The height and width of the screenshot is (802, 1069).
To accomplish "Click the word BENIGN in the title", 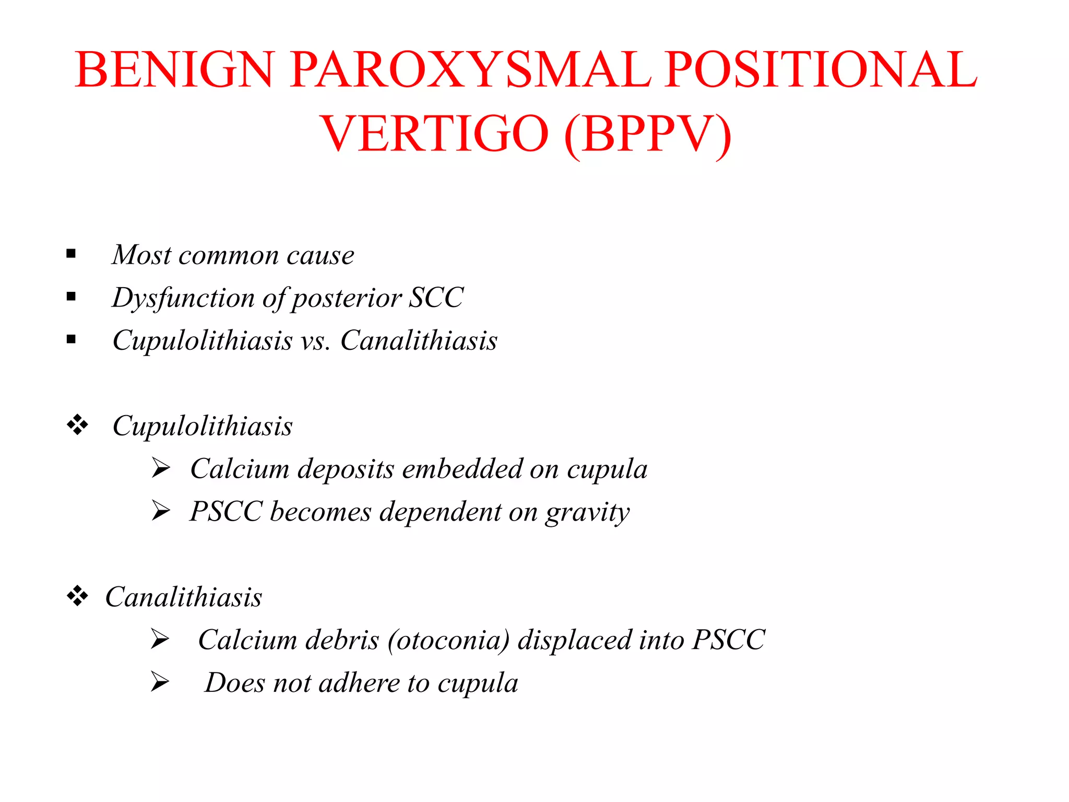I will (174, 70).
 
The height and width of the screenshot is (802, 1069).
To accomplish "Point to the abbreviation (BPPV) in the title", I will (648, 135).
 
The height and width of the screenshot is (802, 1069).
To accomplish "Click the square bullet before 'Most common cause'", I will (72, 254).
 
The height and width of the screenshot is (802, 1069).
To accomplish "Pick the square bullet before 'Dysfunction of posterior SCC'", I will (72, 297).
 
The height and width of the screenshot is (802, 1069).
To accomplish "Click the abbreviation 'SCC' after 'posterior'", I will (436, 298).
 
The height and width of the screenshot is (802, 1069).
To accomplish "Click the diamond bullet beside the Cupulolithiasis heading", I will (77, 424).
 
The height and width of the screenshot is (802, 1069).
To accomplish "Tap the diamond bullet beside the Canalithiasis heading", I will (77, 596).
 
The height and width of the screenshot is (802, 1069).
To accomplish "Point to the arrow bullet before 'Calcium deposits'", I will (161, 468).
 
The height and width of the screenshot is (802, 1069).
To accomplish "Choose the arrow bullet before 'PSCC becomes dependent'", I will (161, 511).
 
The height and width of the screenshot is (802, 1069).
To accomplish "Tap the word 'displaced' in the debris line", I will (574, 640).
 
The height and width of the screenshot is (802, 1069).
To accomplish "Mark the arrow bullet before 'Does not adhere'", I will (160, 682).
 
